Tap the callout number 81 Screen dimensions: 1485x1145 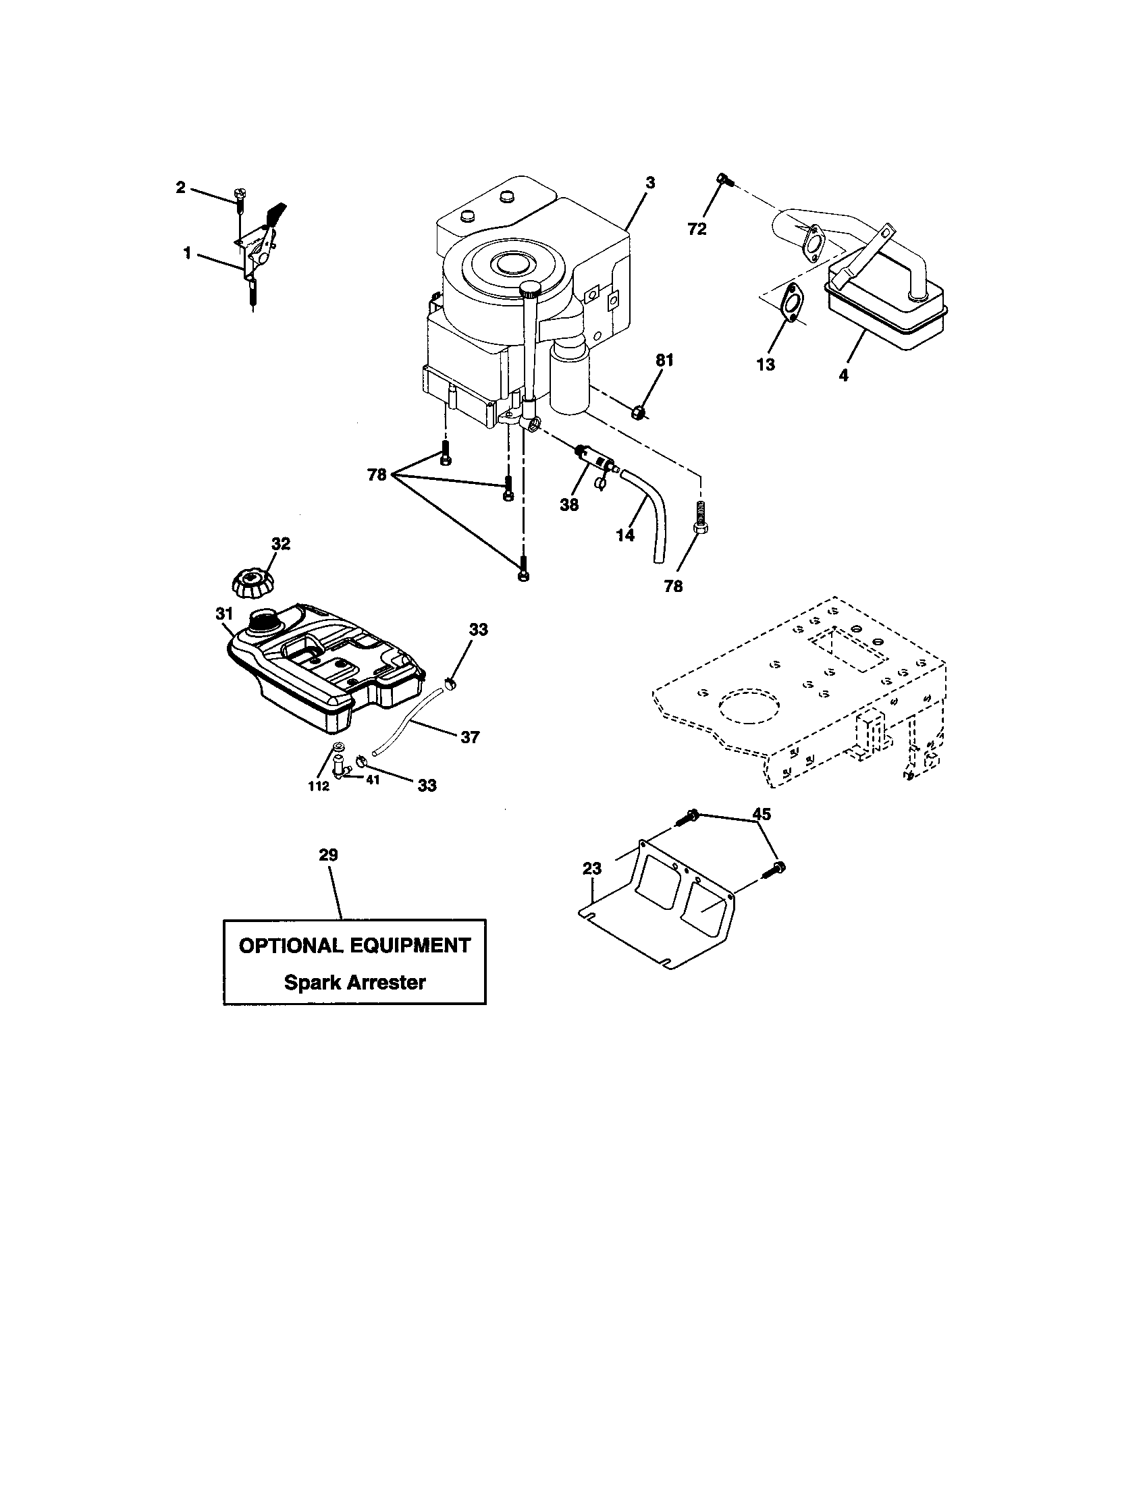click(x=664, y=360)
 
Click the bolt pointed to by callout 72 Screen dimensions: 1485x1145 click(x=724, y=180)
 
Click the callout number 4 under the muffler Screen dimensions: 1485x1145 click(x=843, y=375)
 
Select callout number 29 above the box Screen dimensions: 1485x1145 click(x=328, y=855)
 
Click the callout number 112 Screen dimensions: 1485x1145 click(x=318, y=786)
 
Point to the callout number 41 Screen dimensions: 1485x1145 click(x=373, y=780)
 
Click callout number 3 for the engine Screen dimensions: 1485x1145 click(x=650, y=182)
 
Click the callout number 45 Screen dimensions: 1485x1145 click(x=762, y=814)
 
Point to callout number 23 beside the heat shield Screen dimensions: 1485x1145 click(x=592, y=868)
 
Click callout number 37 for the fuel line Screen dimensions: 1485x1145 click(x=470, y=736)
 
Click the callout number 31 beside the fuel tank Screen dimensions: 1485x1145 click(x=224, y=614)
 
